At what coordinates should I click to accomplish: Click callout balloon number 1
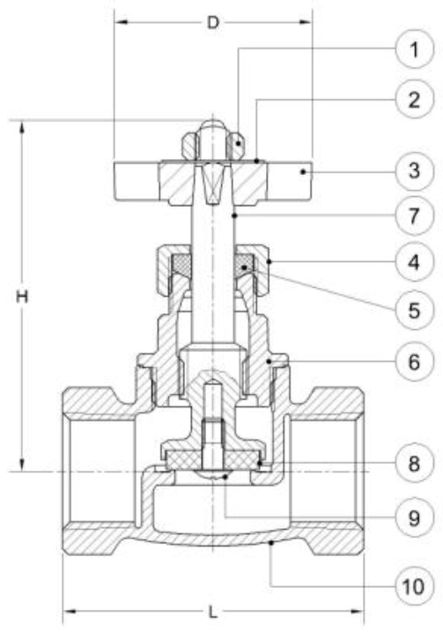pyautogui.click(x=415, y=49)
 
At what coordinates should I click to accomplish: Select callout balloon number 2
pyautogui.click(x=415, y=99)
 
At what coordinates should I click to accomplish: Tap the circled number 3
pyautogui.click(x=415, y=171)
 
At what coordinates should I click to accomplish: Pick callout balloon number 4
pyautogui.click(x=415, y=262)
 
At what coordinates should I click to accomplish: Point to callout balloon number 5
pyautogui.click(x=415, y=311)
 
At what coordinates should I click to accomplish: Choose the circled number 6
pyautogui.click(x=415, y=362)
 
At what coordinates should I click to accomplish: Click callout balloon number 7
pyautogui.click(x=415, y=216)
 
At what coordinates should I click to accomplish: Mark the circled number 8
pyautogui.click(x=415, y=463)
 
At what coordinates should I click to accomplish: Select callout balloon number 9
pyautogui.click(x=415, y=517)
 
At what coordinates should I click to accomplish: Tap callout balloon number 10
pyautogui.click(x=415, y=586)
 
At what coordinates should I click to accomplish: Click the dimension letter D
pyautogui.click(x=213, y=22)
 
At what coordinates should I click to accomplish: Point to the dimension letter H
pyautogui.click(x=22, y=297)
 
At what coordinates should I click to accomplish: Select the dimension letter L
pyautogui.click(x=212, y=612)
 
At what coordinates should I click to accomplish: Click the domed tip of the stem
pyautogui.click(x=212, y=124)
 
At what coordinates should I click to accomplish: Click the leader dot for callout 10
pyautogui.click(x=271, y=542)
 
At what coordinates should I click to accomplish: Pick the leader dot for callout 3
pyautogui.click(x=303, y=172)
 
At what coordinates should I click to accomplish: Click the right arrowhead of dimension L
pyautogui.click(x=358, y=611)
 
